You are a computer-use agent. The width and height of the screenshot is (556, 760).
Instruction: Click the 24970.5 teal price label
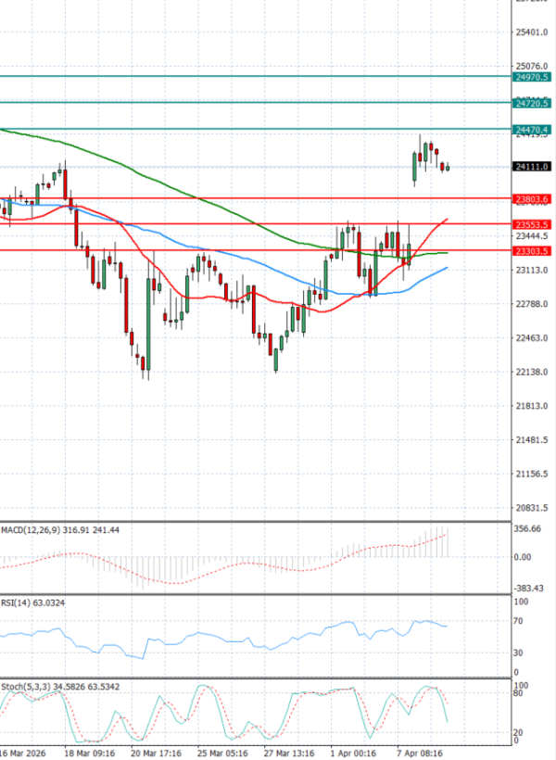[x=532, y=78]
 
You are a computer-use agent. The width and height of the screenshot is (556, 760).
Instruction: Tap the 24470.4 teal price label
[x=532, y=129]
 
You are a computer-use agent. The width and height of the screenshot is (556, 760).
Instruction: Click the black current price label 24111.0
[x=532, y=166]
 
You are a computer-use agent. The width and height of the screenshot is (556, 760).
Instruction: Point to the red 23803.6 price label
[x=532, y=199]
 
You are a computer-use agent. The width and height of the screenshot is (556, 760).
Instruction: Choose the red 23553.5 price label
[x=532, y=225]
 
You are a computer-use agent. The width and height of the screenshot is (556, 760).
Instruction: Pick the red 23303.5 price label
[x=532, y=251]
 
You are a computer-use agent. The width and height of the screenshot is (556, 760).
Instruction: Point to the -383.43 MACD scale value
[x=528, y=589]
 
